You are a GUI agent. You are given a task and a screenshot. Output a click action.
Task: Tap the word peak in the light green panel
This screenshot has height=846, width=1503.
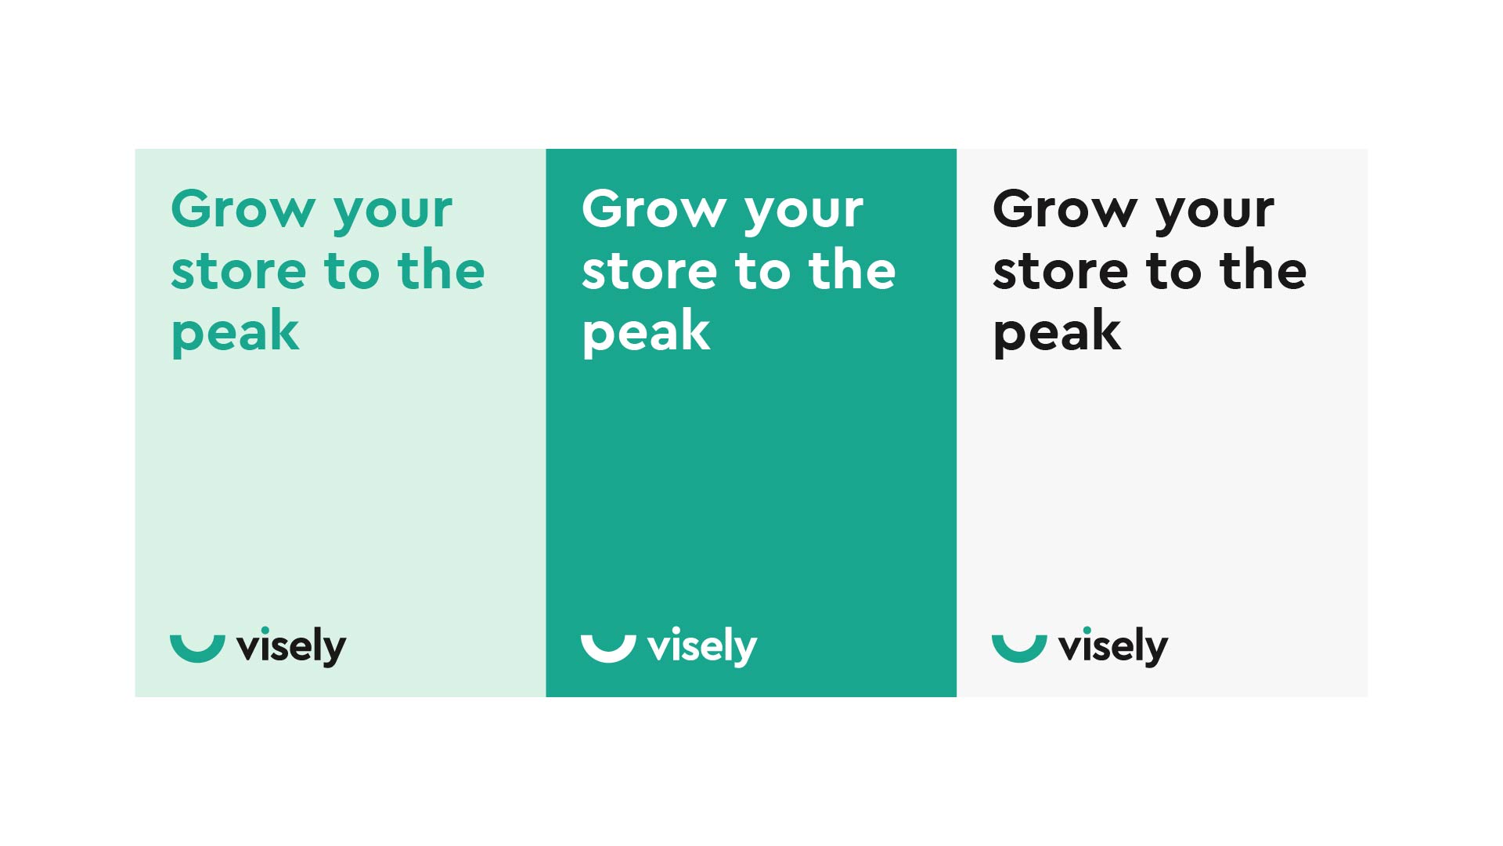[235, 333]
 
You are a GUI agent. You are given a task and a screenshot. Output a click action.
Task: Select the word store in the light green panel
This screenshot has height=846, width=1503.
[239, 271]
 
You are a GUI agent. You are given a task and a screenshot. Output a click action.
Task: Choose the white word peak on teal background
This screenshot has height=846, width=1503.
[646, 333]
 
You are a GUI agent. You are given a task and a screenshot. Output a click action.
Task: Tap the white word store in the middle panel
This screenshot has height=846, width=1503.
[650, 271]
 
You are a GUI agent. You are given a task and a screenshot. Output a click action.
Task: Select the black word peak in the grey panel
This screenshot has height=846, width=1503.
[1057, 333]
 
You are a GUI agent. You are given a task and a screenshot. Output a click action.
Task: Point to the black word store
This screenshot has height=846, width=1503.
[1061, 271]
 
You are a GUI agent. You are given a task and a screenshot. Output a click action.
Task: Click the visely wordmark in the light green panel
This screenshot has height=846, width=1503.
[291, 647]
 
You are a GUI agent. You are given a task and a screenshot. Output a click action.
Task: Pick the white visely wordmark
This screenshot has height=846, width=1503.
[702, 647]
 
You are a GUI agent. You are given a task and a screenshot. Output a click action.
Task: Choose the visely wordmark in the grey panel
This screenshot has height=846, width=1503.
[1113, 647]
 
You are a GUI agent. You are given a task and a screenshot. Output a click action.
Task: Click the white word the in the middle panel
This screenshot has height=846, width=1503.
[852, 269]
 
